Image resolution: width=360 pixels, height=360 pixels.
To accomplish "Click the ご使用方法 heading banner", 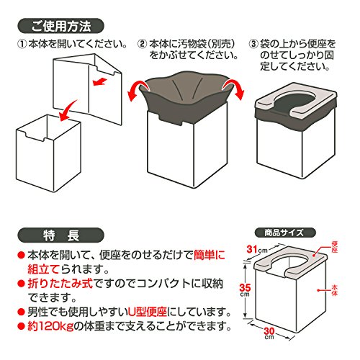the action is tap(60, 25).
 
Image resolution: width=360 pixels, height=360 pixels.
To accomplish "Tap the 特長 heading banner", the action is tap(60, 235).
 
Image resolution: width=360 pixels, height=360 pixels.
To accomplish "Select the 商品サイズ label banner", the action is tap(285, 233).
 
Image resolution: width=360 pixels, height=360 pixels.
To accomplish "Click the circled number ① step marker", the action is tap(22, 44).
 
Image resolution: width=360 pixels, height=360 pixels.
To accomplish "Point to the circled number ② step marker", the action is tap(143, 44).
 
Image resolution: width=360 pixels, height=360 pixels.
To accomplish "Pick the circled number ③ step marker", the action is tap(253, 44).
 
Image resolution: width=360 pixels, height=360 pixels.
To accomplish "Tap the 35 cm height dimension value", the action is tap(245, 289).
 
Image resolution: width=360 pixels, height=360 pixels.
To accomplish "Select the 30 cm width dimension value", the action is tap(269, 333).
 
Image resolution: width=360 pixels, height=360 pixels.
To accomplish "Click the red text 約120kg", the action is tap(50, 326).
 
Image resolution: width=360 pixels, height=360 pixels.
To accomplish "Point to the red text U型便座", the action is tap(147, 312).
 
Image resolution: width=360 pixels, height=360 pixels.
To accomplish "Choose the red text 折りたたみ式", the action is tap(60, 284).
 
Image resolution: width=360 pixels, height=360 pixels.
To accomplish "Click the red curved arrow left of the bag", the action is tap(136, 91).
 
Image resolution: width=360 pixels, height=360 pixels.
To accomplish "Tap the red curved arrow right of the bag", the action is tap(235, 89).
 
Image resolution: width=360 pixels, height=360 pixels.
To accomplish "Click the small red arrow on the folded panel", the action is tap(99, 81).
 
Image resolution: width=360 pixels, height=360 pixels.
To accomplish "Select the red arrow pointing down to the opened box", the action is tap(68, 110).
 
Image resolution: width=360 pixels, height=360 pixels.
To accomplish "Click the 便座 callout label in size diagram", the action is tap(335, 247).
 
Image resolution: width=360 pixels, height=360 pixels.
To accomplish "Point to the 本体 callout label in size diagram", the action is tap(335, 290).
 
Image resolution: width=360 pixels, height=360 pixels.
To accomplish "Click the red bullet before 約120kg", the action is tap(22, 326).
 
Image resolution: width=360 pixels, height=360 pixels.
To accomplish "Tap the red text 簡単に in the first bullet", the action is tap(210, 255).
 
